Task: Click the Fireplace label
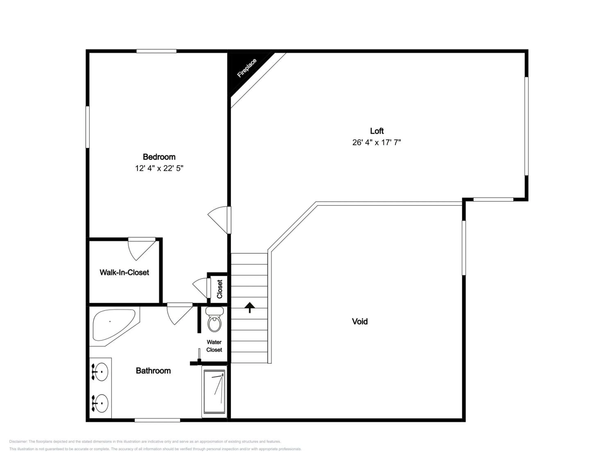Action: [x=247, y=68]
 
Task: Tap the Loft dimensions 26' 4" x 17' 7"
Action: [x=377, y=142]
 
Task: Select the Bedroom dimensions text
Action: [x=159, y=168]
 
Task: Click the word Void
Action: [x=360, y=321]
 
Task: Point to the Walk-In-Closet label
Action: [x=124, y=273]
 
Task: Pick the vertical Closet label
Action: [x=220, y=289]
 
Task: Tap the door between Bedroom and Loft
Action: [x=219, y=220]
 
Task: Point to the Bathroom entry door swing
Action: [x=179, y=314]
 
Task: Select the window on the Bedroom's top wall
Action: [x=156, y=51]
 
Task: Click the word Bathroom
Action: [x=153, y=371]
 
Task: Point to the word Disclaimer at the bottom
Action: [x=18, y=441]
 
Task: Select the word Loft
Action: [x=377, y=131]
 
